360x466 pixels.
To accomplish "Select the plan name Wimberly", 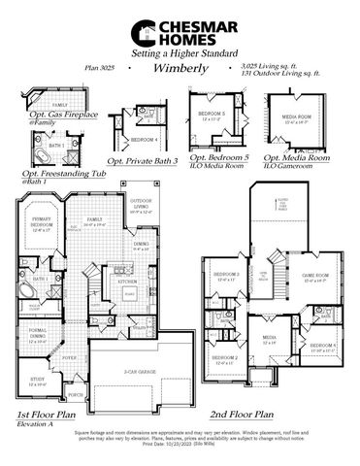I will pyautogui.click(x=178, y=69).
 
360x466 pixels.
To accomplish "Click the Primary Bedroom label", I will pyautogui.click(x=41, y=222).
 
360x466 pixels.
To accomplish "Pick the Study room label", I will pyautogui.click(x=38, y=382).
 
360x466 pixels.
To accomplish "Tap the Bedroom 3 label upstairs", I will pyautogui.click(x=226, y=275).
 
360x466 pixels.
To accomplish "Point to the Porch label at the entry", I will pyautogui.click(x=76, y=395).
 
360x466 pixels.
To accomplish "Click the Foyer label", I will pyautogui.click(x=71, y=356).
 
